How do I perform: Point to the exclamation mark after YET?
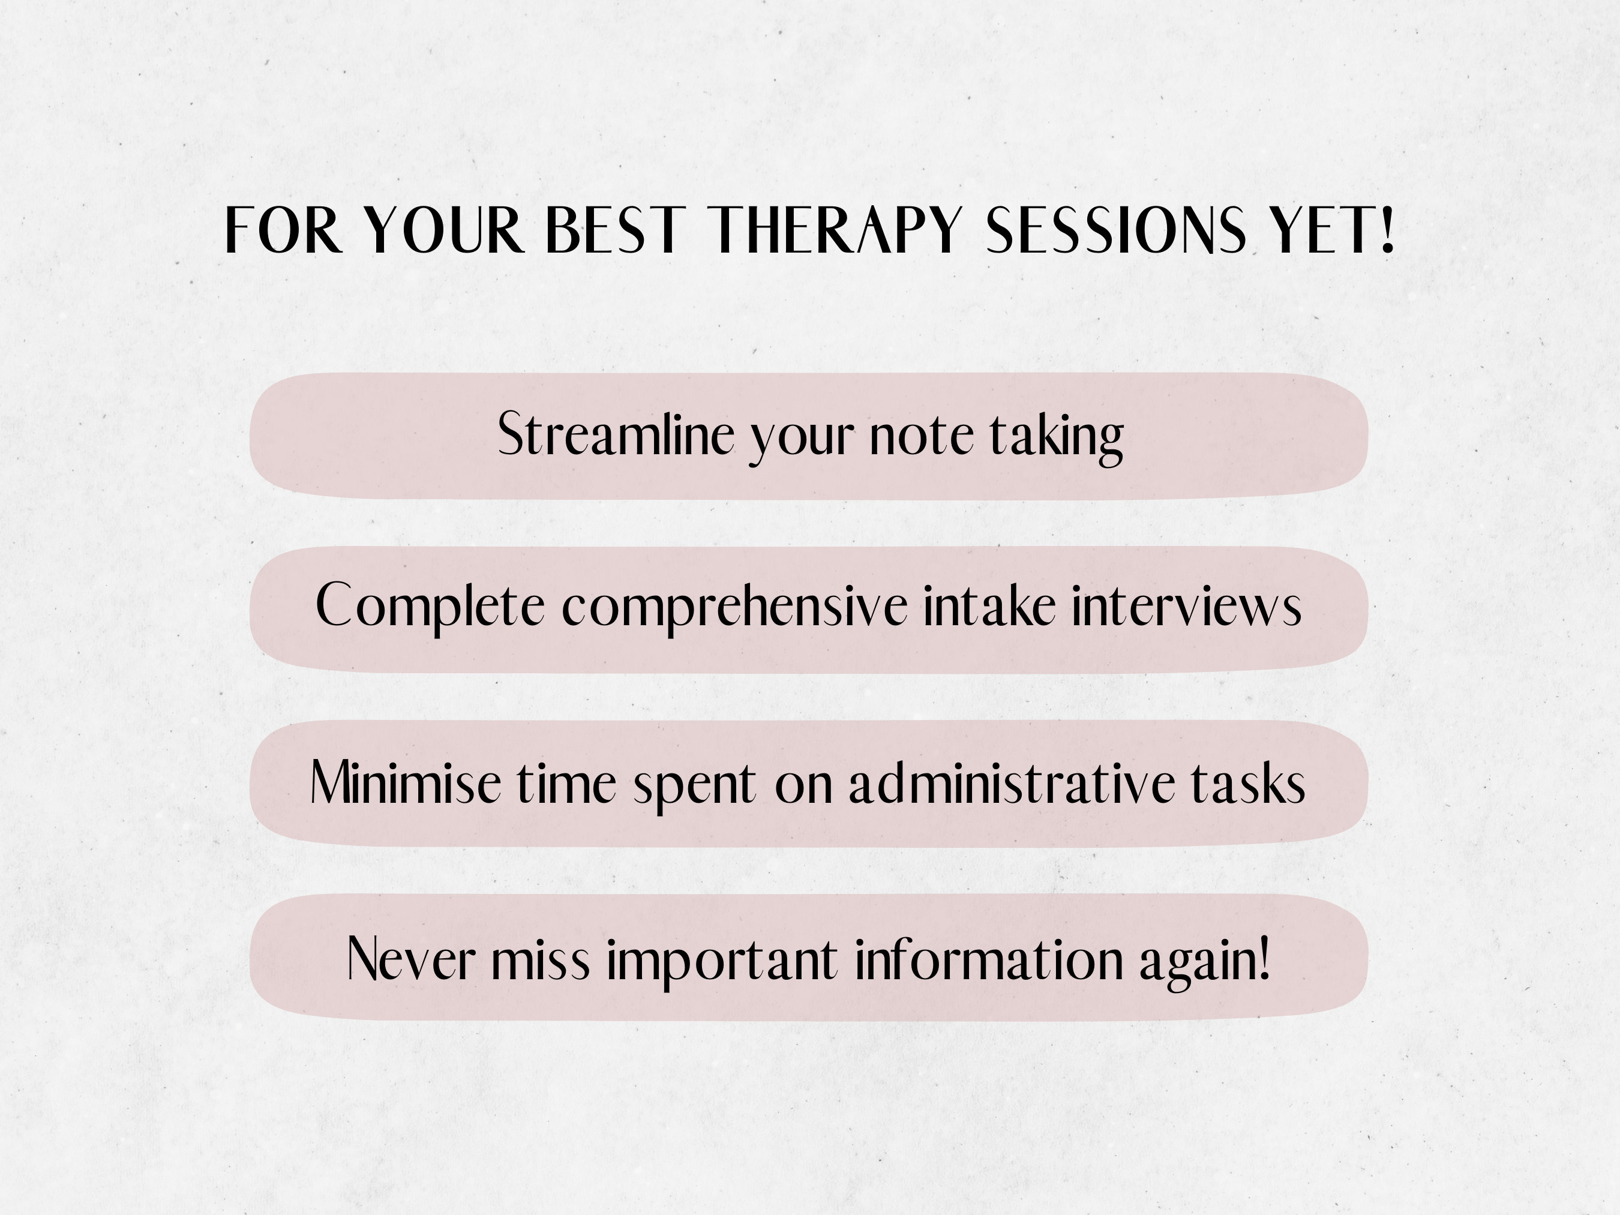tap(1385, 230)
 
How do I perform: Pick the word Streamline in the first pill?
tap(615, 435)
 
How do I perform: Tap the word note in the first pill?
tap(920, 436)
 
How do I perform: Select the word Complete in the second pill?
tap(430, 607)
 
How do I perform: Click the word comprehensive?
tap(734, 607)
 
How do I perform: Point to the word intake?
tap(989, 607)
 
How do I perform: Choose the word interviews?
tap(1186, 607)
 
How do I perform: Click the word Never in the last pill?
tap(411, 959)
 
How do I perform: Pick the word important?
tap(721, 960)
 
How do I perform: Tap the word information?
tap(988, 959)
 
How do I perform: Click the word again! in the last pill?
tap(1204, 960)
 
